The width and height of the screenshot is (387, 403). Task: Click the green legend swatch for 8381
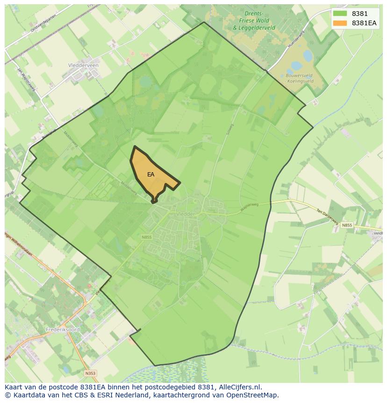point(340,14)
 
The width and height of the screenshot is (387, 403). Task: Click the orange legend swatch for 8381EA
point(340,23)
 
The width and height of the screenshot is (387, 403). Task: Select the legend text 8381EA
point(364,23)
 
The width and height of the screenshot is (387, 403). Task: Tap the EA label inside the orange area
point(150,175)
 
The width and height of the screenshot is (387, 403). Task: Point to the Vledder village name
point(186,213)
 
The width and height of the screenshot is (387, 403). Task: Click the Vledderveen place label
point(83,66)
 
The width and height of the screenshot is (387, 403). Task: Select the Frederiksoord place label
point(63,330)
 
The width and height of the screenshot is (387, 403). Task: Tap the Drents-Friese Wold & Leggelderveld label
point(254,21)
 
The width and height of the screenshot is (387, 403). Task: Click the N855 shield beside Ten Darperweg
point(346,225)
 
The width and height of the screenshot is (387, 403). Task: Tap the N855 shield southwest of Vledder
point(147,237)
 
